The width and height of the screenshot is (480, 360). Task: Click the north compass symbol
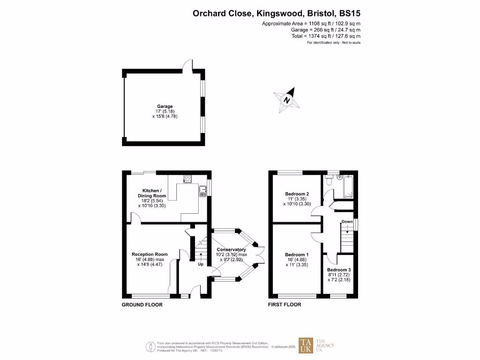point(286,100)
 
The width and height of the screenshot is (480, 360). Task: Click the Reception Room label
point(149,255)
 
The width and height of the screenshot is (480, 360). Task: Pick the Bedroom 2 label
point(297,194)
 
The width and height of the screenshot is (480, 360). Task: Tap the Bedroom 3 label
point(338,270)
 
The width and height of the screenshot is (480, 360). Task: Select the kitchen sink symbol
point(202,191)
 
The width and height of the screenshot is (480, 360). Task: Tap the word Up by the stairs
point(200,264)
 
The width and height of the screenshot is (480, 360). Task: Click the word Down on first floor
point(347,222)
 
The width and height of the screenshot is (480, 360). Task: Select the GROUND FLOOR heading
point(142,305)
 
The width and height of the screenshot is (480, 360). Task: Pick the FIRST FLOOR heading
point(285,305)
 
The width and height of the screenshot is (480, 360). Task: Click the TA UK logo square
point(307,345)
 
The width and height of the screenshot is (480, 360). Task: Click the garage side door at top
point(188,66)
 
